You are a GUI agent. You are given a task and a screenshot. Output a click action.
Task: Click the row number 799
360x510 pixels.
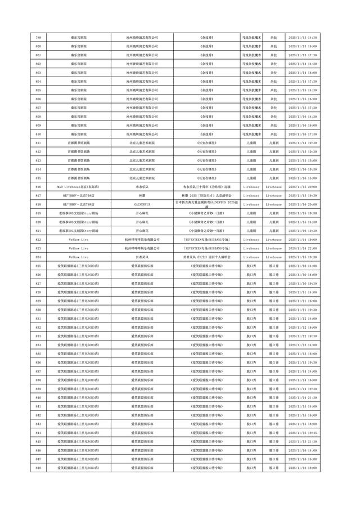[38, 37]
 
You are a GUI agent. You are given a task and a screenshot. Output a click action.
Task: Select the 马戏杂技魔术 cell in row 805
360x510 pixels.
[251, 90]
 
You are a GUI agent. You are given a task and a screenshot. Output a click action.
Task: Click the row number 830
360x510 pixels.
[38, 310]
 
